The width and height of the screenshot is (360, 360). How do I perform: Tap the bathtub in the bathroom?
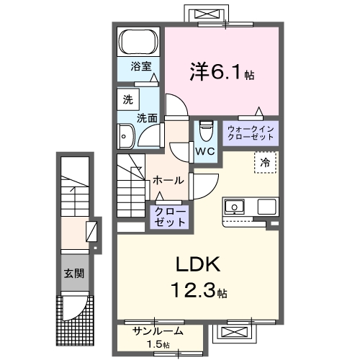coord(138,42)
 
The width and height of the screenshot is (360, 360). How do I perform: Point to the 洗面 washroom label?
coord(149,117)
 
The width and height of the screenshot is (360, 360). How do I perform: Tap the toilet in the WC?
coord(205,130)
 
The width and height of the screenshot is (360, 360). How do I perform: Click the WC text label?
coord(205,151)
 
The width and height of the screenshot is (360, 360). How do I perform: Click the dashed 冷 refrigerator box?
coord(265,163)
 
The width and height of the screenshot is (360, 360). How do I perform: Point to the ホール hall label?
coord(168,180)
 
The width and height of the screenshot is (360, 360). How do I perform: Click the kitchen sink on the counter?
coord(235,207)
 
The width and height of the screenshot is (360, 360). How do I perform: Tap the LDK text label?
coord(193,266)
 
